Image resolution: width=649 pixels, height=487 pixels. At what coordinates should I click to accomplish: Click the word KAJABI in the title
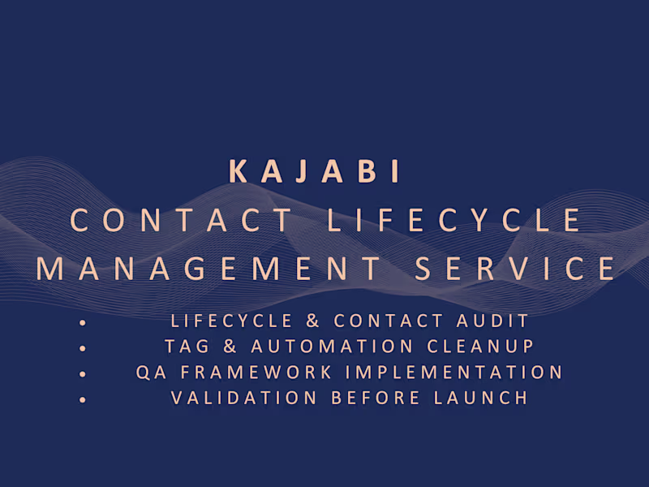[315, 172]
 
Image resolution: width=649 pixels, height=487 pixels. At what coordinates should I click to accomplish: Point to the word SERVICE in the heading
[515, 269]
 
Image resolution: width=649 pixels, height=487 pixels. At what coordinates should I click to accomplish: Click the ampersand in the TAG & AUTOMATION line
[230, 347]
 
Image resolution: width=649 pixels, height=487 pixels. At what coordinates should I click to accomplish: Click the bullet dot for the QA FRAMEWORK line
[83, 375]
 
